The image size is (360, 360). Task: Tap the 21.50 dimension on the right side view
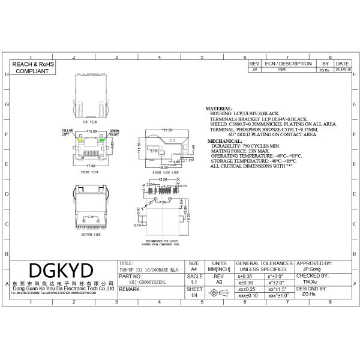pos(168,129)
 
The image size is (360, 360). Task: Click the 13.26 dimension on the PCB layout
pos(163,179)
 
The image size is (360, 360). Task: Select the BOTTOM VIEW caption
pos(91,236)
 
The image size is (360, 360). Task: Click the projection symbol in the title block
pos(219,292)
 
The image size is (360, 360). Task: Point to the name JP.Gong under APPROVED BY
pos(311,269)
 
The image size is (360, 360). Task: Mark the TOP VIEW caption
pos(91,121)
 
